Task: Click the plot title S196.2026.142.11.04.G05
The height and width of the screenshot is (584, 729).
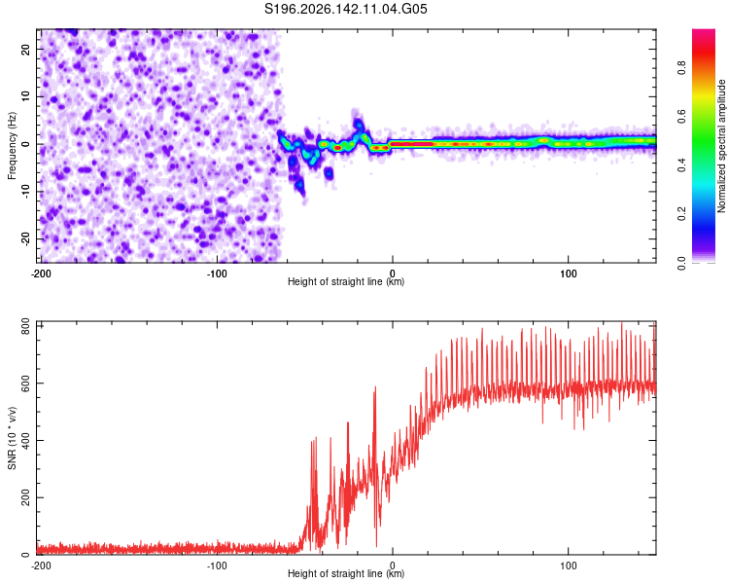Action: (346, 9)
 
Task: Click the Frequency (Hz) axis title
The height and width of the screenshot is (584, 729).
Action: (12, 146)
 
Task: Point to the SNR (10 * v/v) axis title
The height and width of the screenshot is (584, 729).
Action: (12, 438)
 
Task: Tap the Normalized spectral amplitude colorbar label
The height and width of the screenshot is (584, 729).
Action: (721, 146)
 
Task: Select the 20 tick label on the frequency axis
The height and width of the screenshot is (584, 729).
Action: (25, 49)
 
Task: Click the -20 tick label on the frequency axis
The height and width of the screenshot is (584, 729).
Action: (25, 238)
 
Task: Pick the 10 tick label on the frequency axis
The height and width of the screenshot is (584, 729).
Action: (25, 96)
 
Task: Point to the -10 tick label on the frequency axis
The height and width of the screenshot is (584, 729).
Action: (25, 192)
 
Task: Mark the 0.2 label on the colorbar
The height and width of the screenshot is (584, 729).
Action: (681, 214)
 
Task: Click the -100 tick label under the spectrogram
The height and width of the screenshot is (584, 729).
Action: (217, 274)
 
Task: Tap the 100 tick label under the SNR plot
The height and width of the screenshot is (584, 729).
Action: (569, 566)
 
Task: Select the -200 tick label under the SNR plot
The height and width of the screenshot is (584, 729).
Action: (41, 566)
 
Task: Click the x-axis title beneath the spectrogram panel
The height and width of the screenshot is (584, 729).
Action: (346, 281)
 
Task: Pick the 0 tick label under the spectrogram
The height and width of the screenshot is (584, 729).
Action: (393, 274)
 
